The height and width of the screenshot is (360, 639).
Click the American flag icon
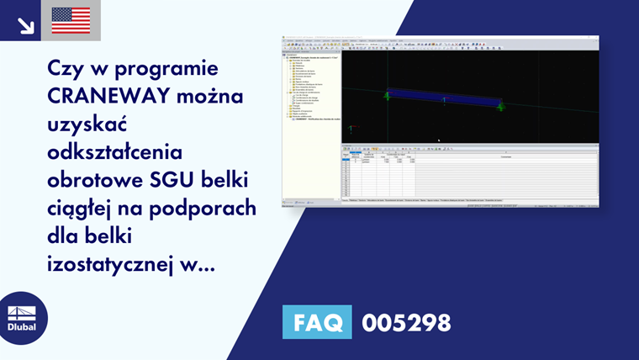click(x=71, y=20)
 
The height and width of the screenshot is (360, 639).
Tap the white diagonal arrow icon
click(x=26, y=24)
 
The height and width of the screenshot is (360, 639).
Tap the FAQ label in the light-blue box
click(x=318, y=321)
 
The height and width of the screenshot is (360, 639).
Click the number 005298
click(x=406, y=322)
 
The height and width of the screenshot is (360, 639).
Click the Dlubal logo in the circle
click(x=22, y=318)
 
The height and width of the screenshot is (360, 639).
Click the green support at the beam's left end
click(x=387, y=96)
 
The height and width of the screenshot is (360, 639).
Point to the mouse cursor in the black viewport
click(x=439, y=140)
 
